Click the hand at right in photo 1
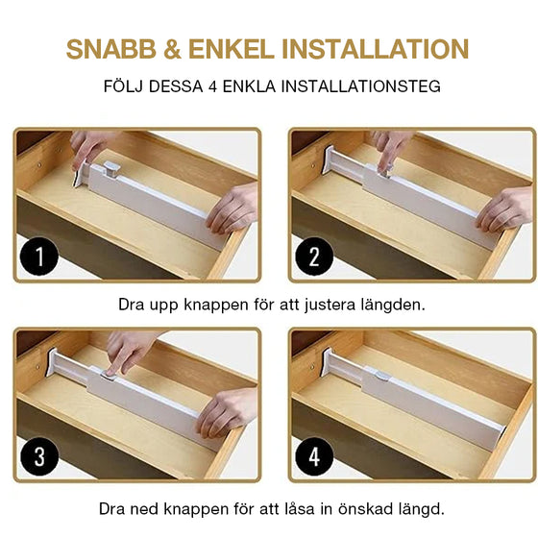click(x=233, y=208)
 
